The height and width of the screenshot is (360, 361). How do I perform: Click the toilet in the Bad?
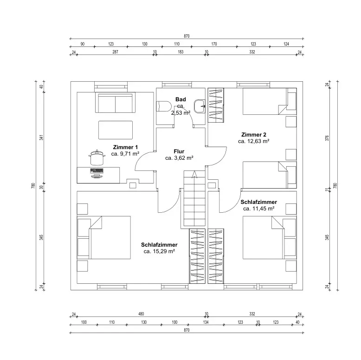click(x=164, y=106)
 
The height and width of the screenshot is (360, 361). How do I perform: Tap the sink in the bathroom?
click(x=200, y=106)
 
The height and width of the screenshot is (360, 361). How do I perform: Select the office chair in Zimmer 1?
click(x=97, y=157)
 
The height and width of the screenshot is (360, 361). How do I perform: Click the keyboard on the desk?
click(x=97, y=171)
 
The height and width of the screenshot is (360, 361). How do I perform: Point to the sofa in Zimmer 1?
click(x=115, y=103)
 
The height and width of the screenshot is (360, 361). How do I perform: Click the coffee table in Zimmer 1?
click(x=116, y=130)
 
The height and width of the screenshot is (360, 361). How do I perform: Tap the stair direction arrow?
click(x=194, y=175)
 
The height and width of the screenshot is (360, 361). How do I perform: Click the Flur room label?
click(x=179, y=151)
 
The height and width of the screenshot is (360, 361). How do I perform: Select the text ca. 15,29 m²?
click(x=159, y=251)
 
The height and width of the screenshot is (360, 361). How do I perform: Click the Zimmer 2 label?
click(x=254, y=135)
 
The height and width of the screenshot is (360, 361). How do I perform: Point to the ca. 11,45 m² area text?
click(x=258, y=209)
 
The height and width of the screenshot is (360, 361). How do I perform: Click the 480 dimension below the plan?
click(x=141, y=314)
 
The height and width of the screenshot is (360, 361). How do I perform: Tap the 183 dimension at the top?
click(x=180, y=52)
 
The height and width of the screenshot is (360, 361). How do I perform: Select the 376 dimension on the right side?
click(x=327, y=138)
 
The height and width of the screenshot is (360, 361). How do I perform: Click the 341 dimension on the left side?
click(x=41, y=137)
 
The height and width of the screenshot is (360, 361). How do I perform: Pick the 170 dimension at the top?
click(x=214, y=44)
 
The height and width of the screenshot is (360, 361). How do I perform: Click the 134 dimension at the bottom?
click(x=206, y=322)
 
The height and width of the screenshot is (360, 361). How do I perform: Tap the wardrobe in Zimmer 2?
click(x=216, y=105)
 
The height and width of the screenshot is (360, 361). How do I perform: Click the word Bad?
click(x=180, y=99)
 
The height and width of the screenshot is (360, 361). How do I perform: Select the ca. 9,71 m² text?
click(x=125, y=154)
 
